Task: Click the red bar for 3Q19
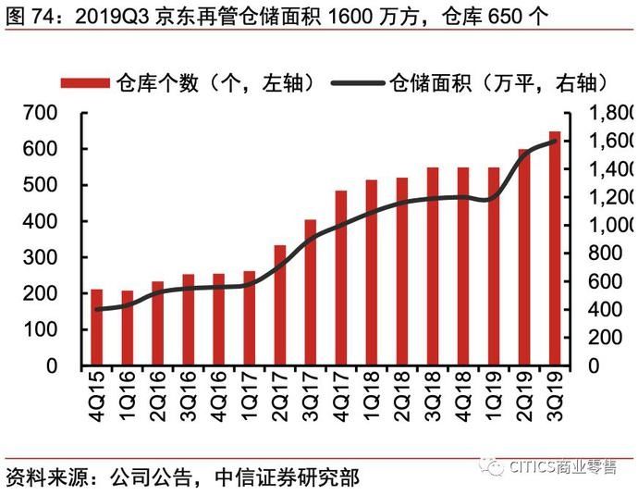pyautogui.click(x=555, y=249)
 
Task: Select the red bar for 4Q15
pyautogui.click(x=96, y=328)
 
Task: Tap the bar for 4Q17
pyautogui.click(x=341, y=278)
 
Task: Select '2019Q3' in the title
pyautogui.click(x=105, y=15)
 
